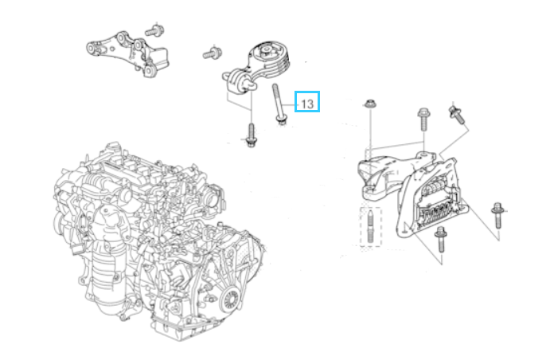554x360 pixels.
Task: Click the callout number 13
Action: click(307, 104)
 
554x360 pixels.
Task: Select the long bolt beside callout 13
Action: click(279, 104)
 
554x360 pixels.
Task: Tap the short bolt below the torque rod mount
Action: click(252, 135)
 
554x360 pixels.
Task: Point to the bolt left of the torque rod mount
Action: click(213, 53)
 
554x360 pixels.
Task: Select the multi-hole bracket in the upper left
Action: click(127, 53)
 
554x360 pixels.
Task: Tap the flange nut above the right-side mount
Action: click(369, 104)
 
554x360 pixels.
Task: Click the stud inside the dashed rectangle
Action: click(370, 226)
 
